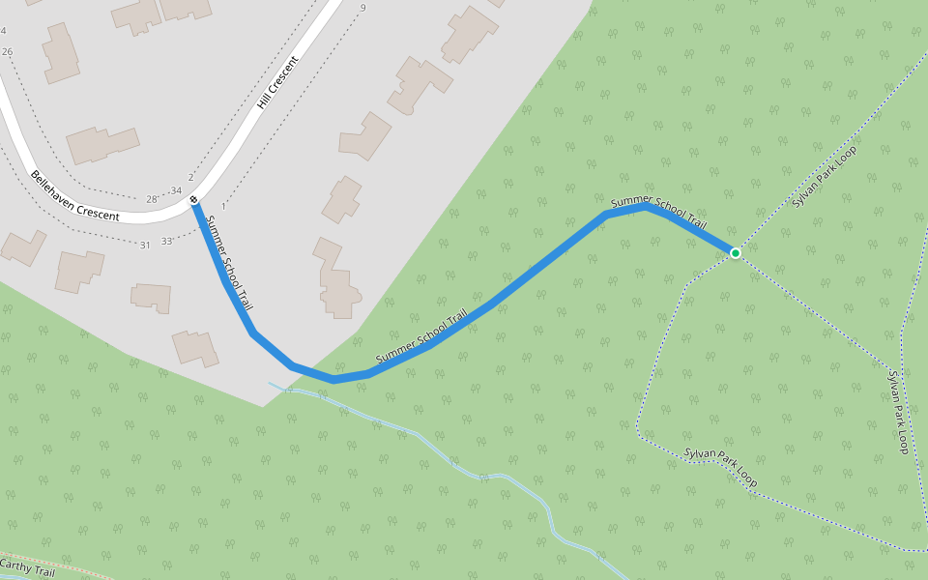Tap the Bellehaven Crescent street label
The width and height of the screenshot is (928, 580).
pyautogui.click(x=74, y=196)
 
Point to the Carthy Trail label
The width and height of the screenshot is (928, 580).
pyautogui.click(x=27, y=568)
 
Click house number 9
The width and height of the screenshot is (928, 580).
pyautogui.click(x=362, y=9)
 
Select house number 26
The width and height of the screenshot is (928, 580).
pyautogui.click(x=8, y=51)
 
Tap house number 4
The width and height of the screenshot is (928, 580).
pyautogui.click(x=4, y=31)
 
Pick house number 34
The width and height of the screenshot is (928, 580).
pyautogui.click(x=175, y=190)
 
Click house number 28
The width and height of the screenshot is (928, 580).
pyautogui.click(x=152, y=199)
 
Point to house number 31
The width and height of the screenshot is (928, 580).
pyautogui.click(x=145, y=245)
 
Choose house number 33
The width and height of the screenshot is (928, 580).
pyautogui.click(x=166, y=241)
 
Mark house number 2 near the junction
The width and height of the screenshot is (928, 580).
pyautogui.click(x=190, y=178)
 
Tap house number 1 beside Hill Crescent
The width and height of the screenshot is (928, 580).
pyautogui.click(x=223, y=206)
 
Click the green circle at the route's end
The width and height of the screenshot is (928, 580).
pyautogui.click(x=735, y=253)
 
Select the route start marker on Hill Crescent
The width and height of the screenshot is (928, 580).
pyautogui.click(x=194, y=200)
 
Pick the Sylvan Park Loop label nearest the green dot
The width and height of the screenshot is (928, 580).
pyautogui.click(x=824, y=176)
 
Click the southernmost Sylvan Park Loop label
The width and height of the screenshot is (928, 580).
pyautogui.click(x=720, y=467)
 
